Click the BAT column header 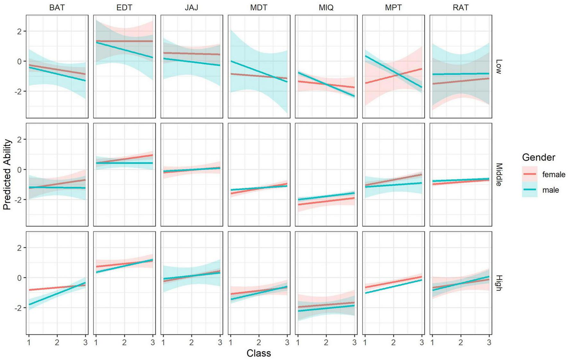pyautogui.click(x=57, y=8)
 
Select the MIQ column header pyautogui.click(x=326, y=8)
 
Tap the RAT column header pyautogui.click(x=460, y=8)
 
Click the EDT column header pyautogui.click(x=124, y=8)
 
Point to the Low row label pyautogui.click(x=498, y=66)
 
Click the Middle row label pyautogui.click(x=498, y=174)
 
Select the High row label pyautogui.click(x=498, y=283)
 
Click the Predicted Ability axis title pyautogui.click(x=7, y=174)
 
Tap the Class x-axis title pyautogui.click(x=258, y=353)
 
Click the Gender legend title pyautogui.click(x=538, y=157)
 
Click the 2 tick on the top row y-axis pyautogui.click(x=20, y=31)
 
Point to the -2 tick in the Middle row pyautogui.click(x=18, y=199)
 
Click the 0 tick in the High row pyautogui.click(x=20, y=278)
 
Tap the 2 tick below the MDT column pyautogui.click(x=258, y=343)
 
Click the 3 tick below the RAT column pyautogui.click(x=489, y=343)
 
